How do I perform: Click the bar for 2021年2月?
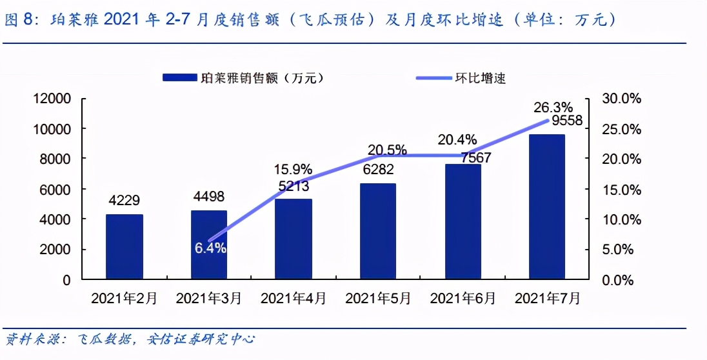point(124,247)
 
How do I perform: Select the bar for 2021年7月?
point(546,207)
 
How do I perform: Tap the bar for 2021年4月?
point(294,239)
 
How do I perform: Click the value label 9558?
point(566,121)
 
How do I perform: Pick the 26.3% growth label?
point(551,106)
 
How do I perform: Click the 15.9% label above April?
point(294,171)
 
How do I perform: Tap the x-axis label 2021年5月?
point(378,298)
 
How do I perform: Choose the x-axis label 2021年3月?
point(209,298)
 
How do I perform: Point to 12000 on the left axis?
point(52,99)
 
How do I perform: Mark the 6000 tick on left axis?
point(56,190)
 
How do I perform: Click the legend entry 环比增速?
point(481,79)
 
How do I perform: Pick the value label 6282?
point(378,172)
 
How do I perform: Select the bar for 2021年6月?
point(463,222)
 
